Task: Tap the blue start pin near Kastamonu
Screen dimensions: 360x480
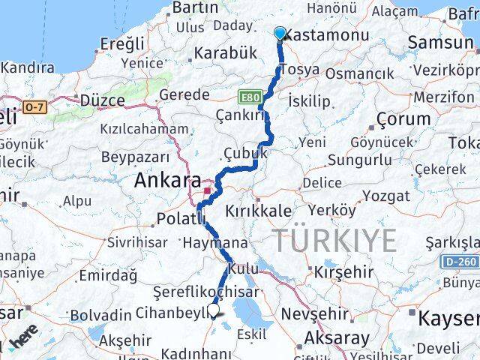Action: tap(280, 33)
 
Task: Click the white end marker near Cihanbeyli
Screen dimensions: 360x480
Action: tap(215, 308)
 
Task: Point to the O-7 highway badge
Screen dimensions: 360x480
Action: tap(34, 108)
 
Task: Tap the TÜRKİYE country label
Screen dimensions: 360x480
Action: tap(334, 241)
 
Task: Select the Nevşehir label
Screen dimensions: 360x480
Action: tap(312, 313)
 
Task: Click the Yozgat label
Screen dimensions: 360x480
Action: tap(387, 196)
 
